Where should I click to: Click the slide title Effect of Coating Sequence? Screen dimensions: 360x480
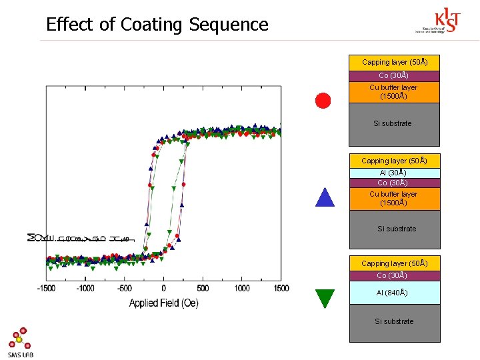[157, 25]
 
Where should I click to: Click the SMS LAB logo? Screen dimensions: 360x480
[20, 342]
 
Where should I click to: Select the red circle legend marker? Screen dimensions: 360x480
[323, 101]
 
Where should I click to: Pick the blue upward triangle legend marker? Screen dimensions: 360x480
[324, 198]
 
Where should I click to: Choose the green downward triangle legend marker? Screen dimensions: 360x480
[325, 298]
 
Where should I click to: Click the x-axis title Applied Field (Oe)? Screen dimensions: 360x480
[163, 303]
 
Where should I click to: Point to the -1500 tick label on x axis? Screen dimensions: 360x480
[46, 288]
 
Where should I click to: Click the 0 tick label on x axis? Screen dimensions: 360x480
[164, 288]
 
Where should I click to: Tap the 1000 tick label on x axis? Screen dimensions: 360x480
[242, 288]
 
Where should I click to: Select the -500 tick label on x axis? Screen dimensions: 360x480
[124, 288]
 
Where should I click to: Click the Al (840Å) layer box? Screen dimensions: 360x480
[395, 293]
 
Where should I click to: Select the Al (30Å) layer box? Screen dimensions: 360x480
[395, 173]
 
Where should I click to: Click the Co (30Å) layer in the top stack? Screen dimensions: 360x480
[395, 75]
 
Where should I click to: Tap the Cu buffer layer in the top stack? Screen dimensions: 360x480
[395, 92]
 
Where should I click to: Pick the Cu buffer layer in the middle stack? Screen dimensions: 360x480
[395, 199]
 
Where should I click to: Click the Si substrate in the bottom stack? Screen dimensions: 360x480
[395, 323]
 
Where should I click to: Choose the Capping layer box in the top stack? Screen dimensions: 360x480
[395, 62]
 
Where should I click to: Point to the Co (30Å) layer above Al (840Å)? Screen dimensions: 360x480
[395, 275]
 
